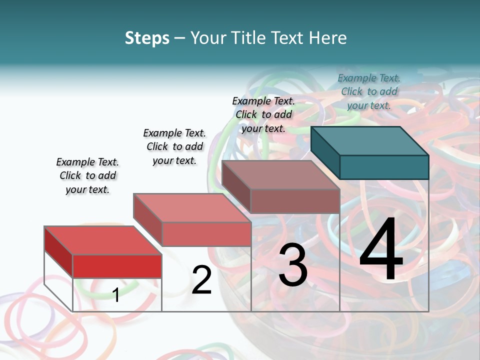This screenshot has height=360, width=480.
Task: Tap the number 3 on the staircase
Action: pos(293,265)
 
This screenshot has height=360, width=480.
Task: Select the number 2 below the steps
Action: pos(201,280)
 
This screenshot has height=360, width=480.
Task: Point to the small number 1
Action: pos(115,295)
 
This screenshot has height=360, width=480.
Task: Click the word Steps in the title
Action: pos(147,38)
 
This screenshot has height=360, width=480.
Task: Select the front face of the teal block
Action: pos(384,167)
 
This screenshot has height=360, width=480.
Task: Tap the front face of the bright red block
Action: pos(117,266)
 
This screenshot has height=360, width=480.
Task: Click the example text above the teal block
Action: pos(369,91)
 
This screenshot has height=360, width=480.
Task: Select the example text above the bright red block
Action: pos(87,175)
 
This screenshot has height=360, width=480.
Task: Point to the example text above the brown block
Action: pos(263,114)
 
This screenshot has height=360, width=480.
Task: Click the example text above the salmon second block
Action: pos(174,146)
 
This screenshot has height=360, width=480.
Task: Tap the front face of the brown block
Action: pos(295,201)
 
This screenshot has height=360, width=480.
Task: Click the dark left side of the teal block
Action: pos(325,152)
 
